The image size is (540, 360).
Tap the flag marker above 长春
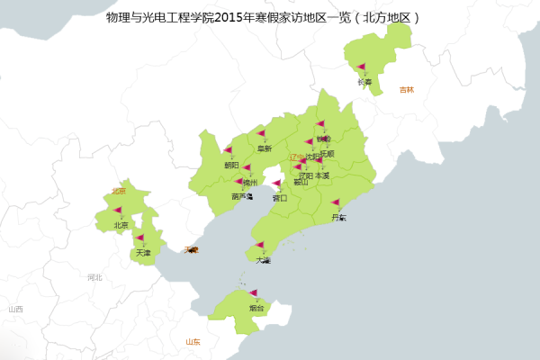click(x=361, y=67)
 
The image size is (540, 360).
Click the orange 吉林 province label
click(x=408, y=90)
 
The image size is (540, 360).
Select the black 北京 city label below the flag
click(x=121, y=225)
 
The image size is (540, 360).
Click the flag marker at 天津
click(x=139, y=238)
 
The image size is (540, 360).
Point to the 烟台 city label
click(x=257, y=308)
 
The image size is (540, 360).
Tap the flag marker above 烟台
click(x=253, y=292)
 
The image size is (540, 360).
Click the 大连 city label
click(x=263, y=260)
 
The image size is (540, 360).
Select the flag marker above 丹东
click(x=335, y=202)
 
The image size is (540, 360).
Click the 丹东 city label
click(x=338, y=217)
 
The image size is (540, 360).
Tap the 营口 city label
click(x=280, y=198)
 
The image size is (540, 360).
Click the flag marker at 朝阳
click(x=228, y=150)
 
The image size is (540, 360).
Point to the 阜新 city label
click(x=265, y=148)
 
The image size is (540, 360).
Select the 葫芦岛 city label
click(x=242, y=196)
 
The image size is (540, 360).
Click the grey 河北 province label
click(x=94, y=277)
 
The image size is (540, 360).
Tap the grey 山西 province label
click(x=15, y=309)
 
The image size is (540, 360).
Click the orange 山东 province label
click(x=193, y=342)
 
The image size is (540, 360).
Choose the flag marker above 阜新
click(x=261, y=134)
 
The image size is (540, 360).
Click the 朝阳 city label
click(x=231, y=166)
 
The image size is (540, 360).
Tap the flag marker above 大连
click(x=259, y=245)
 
